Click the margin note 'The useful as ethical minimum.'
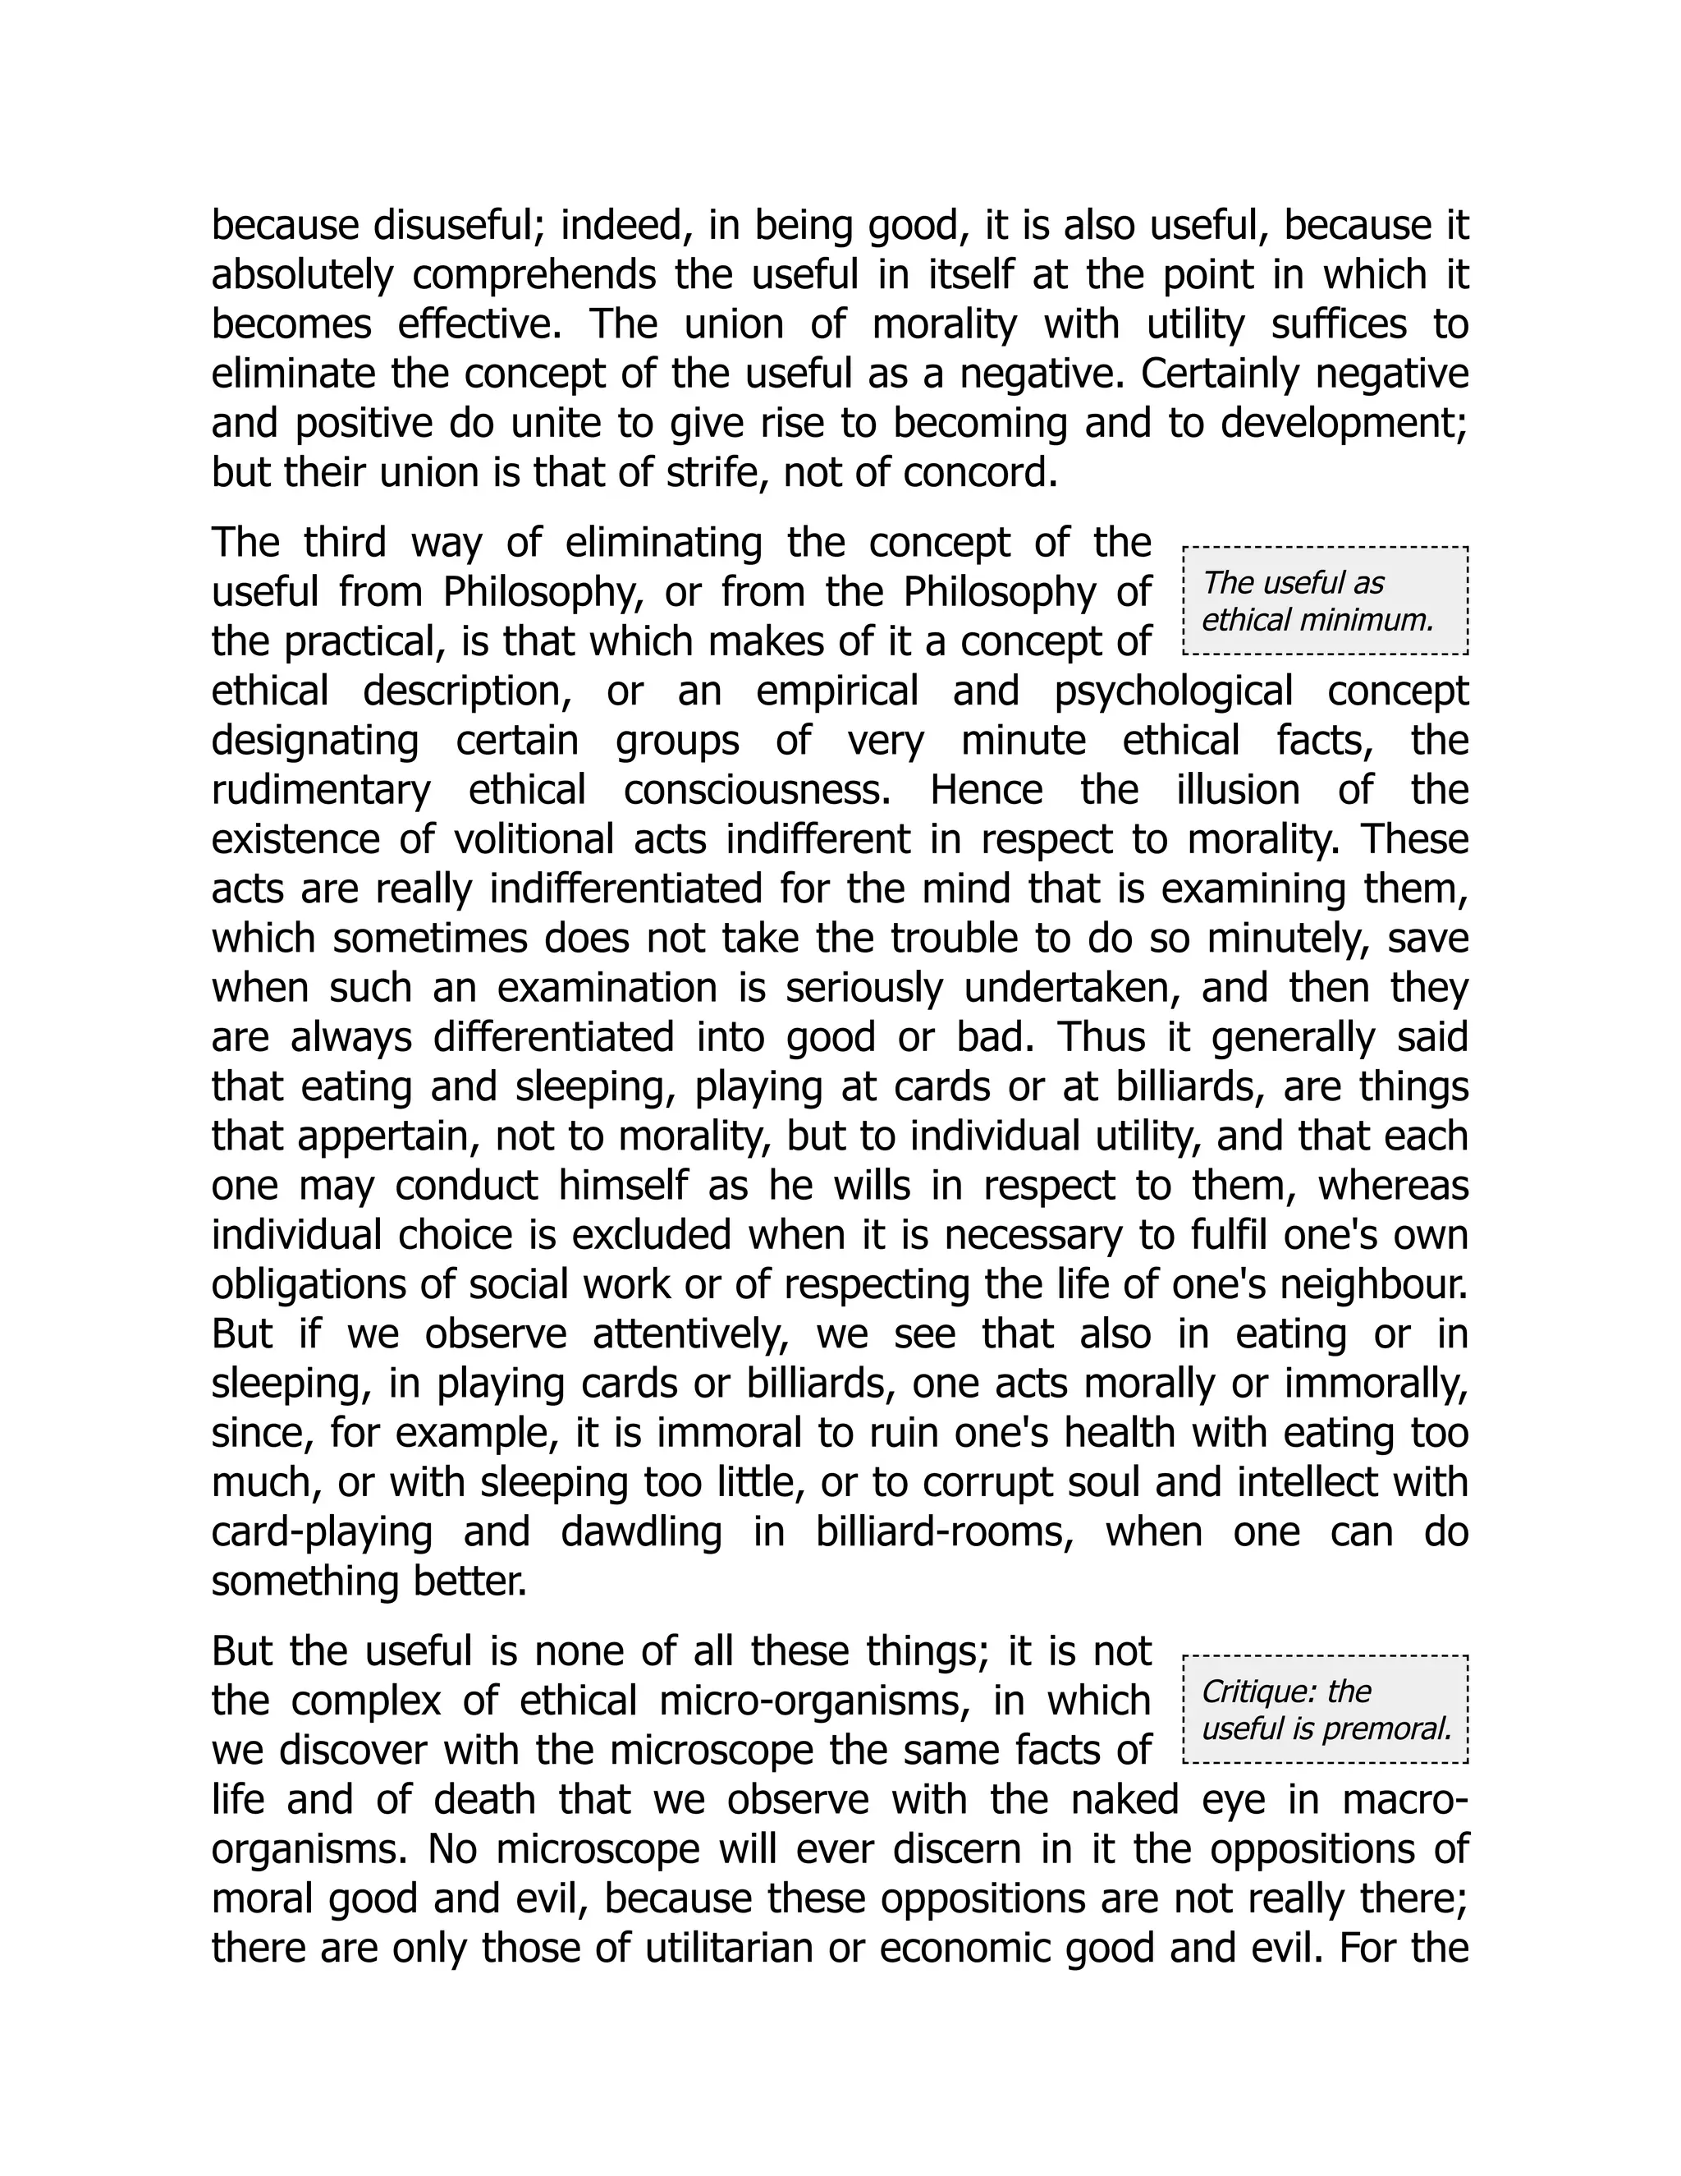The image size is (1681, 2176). (1325, 601)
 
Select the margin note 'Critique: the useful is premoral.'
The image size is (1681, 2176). (1325, 1710)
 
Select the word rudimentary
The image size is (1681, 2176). (321, 790)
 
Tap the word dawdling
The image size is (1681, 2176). (641, 1531)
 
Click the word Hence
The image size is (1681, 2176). (986, 790)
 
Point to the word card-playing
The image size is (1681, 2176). (322, 1531)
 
